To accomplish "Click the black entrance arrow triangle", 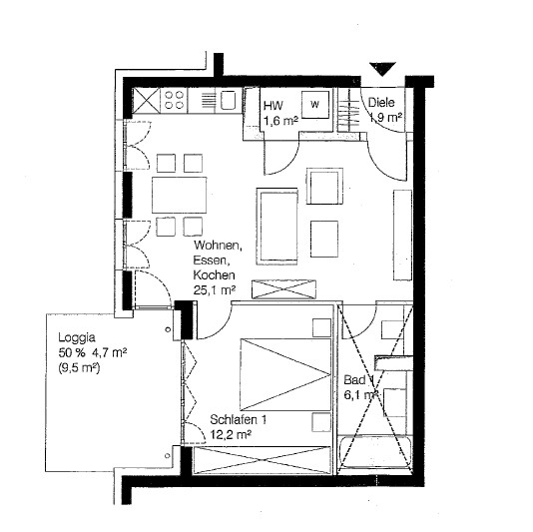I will (382, 69).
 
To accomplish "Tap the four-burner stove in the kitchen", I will (172, 100).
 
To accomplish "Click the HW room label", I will (270, 105).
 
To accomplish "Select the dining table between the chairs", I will (179, 194).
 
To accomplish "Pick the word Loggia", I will (77, 336).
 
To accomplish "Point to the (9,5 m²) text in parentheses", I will (85, 368).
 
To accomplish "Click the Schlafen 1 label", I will (237, 420).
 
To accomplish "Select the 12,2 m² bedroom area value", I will (230, 435).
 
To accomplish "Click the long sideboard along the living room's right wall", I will (401, 234).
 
